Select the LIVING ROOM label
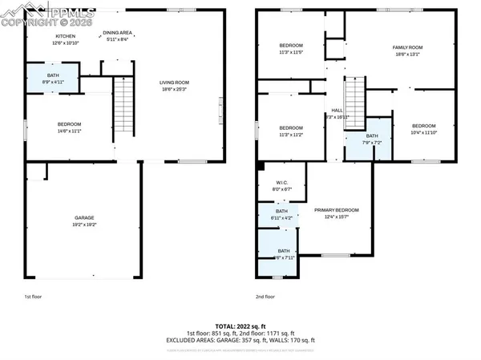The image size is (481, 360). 174,84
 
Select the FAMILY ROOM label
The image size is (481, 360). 407,51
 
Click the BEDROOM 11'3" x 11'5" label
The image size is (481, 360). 290,48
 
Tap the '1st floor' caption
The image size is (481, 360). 33,296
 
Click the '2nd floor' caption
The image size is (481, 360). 265,296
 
